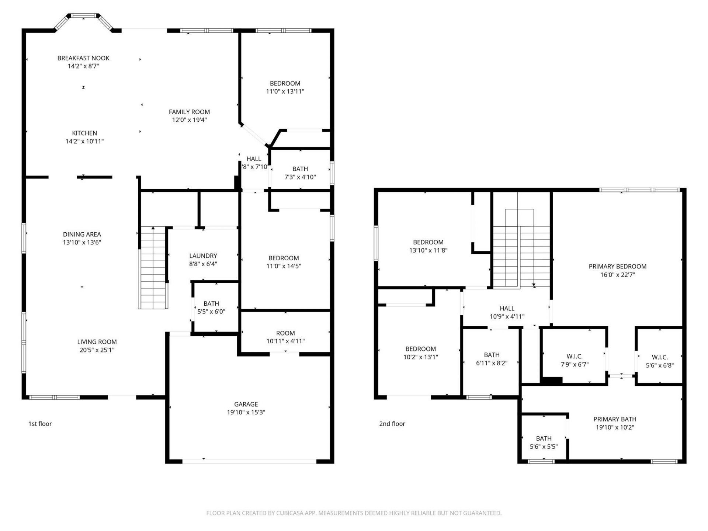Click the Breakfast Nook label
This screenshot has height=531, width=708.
[83, 58]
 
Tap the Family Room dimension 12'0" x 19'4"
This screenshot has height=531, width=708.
[189, 120]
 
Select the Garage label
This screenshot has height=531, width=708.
[246, 405]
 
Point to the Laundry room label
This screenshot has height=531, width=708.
[203, 256]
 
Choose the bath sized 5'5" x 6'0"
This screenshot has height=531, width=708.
[211, 308]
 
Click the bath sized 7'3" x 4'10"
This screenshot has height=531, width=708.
[300, 173]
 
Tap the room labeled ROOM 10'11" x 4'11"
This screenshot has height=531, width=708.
[285, 337]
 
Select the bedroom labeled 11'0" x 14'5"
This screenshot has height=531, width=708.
[284, 262]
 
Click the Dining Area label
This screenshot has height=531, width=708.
[82, 235]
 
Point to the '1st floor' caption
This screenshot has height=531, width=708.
[40, 424]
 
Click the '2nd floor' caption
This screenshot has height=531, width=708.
[392, 424]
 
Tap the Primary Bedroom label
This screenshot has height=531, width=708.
[617, 267]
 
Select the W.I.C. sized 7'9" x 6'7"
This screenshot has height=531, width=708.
[574, 360]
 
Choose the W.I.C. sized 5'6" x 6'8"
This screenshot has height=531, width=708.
[659, 361]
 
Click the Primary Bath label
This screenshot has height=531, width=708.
[615, 419]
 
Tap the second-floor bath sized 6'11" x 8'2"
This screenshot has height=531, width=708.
[492, 359]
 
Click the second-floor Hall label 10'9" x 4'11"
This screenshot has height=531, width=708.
[507, 312]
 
